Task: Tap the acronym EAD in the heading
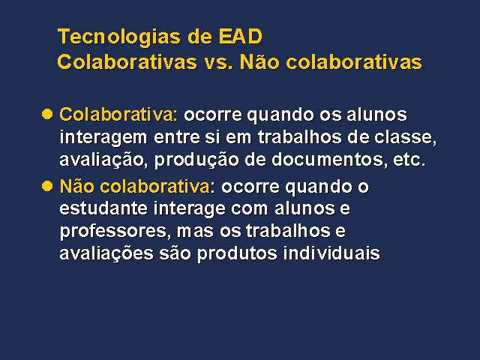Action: (240, 37)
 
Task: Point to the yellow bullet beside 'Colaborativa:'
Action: (47, 114)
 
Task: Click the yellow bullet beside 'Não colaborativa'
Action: (47, 186)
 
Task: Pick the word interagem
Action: (103, 138)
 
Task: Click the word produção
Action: (196, 160)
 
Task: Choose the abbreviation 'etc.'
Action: (409, 160)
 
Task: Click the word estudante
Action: (103, 208)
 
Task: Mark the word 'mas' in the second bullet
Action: (195, 232)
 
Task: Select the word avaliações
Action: (106, 253)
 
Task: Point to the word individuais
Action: (331, 253)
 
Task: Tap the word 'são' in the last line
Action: (175, 253)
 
